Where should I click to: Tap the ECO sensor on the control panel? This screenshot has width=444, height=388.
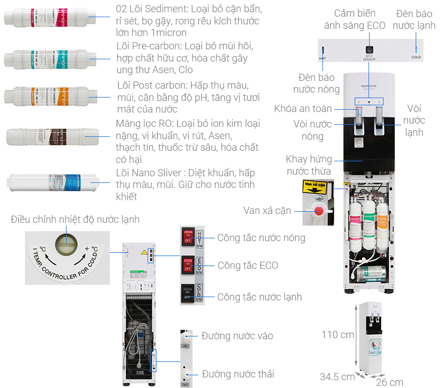click(370, 49)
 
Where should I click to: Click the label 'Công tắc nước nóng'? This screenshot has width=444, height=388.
click(261, 238)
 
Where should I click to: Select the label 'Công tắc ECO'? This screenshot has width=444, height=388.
click(248, 266)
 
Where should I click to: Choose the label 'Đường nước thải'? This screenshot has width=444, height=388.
click(238, 374)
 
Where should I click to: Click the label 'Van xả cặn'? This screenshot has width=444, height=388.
click(267, 211)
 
